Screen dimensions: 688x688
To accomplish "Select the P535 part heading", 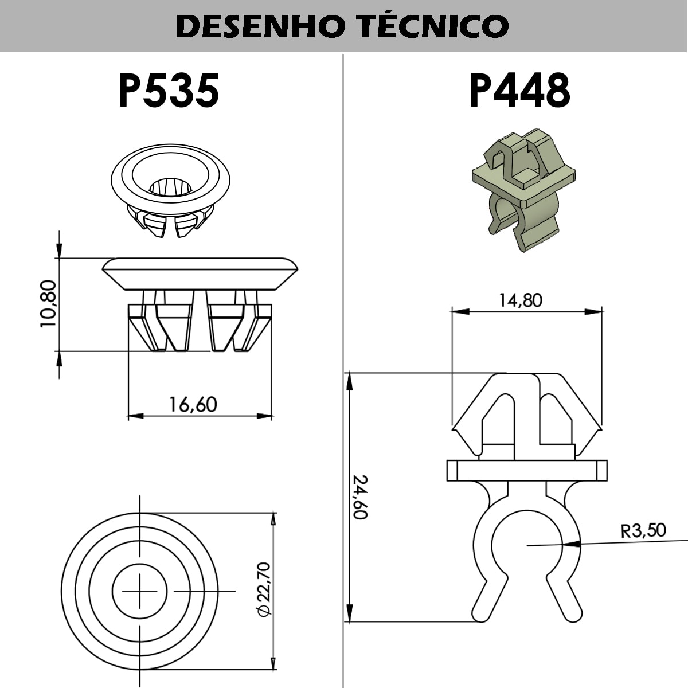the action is point(169,91).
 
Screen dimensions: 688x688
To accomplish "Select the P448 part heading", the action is point(519,91).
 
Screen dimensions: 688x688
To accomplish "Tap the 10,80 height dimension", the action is point(48,303).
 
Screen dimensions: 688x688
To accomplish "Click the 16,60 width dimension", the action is point(193,405).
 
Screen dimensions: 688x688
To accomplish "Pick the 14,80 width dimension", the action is point(520,300).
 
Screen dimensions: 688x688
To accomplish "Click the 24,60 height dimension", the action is point(360,497).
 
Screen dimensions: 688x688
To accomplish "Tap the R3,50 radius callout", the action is point(643,530).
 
